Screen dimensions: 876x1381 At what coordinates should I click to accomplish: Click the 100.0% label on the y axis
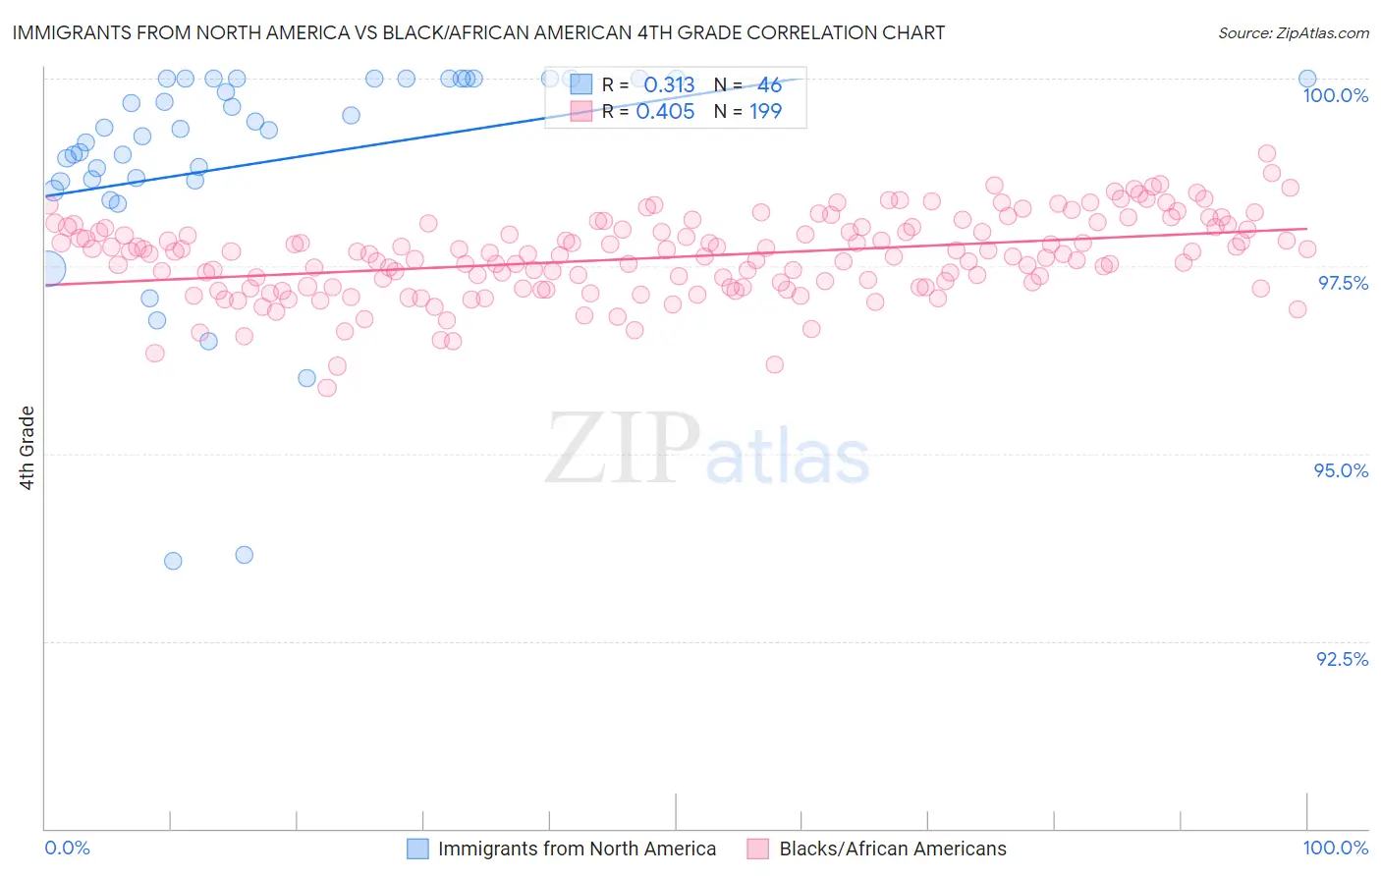[1335, 95]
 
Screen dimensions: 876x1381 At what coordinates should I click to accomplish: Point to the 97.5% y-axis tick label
[1343, 283]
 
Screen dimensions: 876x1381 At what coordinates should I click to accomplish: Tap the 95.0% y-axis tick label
[1341, 470]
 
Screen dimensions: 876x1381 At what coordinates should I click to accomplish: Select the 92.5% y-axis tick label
[1342, 659]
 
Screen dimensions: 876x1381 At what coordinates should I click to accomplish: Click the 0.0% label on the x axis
[67, 848]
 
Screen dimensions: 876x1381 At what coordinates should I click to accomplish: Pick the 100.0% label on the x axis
[1335, 848]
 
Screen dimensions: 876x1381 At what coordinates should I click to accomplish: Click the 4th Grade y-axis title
[28, 448]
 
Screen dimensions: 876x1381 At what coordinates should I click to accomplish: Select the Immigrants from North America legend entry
[577, 849]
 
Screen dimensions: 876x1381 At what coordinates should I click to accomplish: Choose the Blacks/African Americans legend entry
[893, 849]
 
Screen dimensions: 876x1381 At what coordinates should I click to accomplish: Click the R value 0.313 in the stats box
[669, 85]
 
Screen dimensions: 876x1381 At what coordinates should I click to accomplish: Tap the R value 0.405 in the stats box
[665, 111]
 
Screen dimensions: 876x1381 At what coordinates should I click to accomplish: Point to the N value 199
[765, 111]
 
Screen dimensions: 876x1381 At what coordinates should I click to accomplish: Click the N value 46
[769, 85]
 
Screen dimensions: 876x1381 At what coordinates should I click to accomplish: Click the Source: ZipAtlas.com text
[1293, 33]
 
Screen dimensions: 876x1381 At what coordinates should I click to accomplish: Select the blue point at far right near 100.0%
[1307, 79]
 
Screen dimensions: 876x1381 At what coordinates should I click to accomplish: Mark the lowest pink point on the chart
[327, 388]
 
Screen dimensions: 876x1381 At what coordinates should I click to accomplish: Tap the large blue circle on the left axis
[47, 268]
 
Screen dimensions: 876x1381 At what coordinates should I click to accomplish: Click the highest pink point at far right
[1267, 153]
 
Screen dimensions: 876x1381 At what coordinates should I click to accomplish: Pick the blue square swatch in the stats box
[581, 85]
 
